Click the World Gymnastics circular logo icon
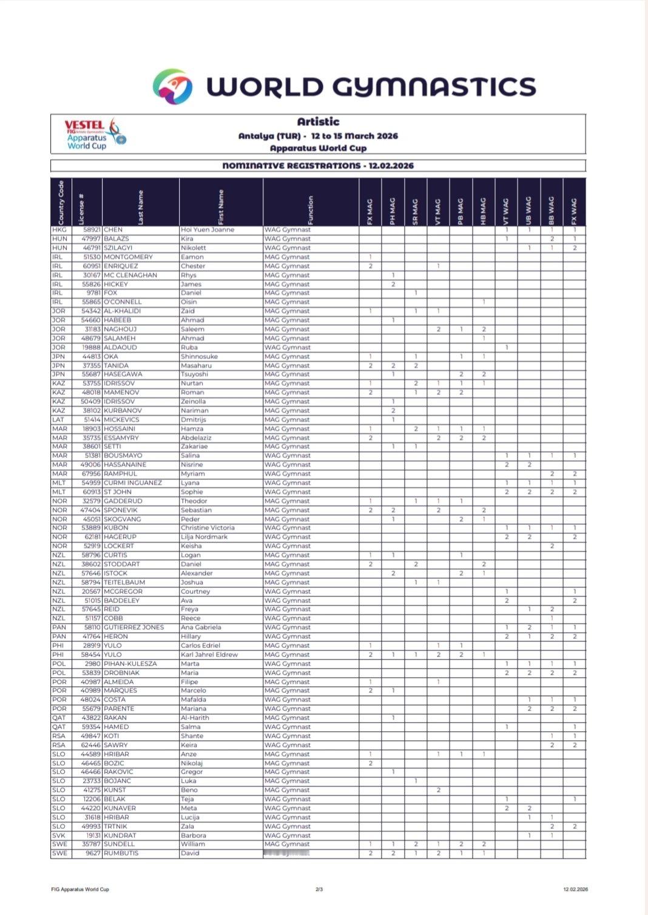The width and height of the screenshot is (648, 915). [172, 86]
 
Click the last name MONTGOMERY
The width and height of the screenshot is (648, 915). [128, 257]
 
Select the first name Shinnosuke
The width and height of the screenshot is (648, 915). [199, 356]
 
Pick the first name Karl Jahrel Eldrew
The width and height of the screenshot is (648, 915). [209, 655]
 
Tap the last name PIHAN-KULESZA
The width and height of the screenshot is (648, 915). [130, 664]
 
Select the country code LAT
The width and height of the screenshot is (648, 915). [59, 419]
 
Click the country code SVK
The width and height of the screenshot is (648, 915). [59, 836]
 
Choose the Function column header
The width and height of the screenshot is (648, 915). [311, 209]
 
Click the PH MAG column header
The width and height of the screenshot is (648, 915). [393, 211]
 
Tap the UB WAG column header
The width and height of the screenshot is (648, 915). [528, 211]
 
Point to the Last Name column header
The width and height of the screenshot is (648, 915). [141, 208]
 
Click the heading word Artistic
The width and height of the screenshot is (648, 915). [318, 122]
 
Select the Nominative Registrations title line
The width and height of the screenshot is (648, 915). [318, 166]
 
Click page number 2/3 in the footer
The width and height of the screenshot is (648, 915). [319, 890]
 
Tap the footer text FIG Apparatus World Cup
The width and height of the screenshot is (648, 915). [80, 890]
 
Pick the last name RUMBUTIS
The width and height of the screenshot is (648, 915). [121, 853]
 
